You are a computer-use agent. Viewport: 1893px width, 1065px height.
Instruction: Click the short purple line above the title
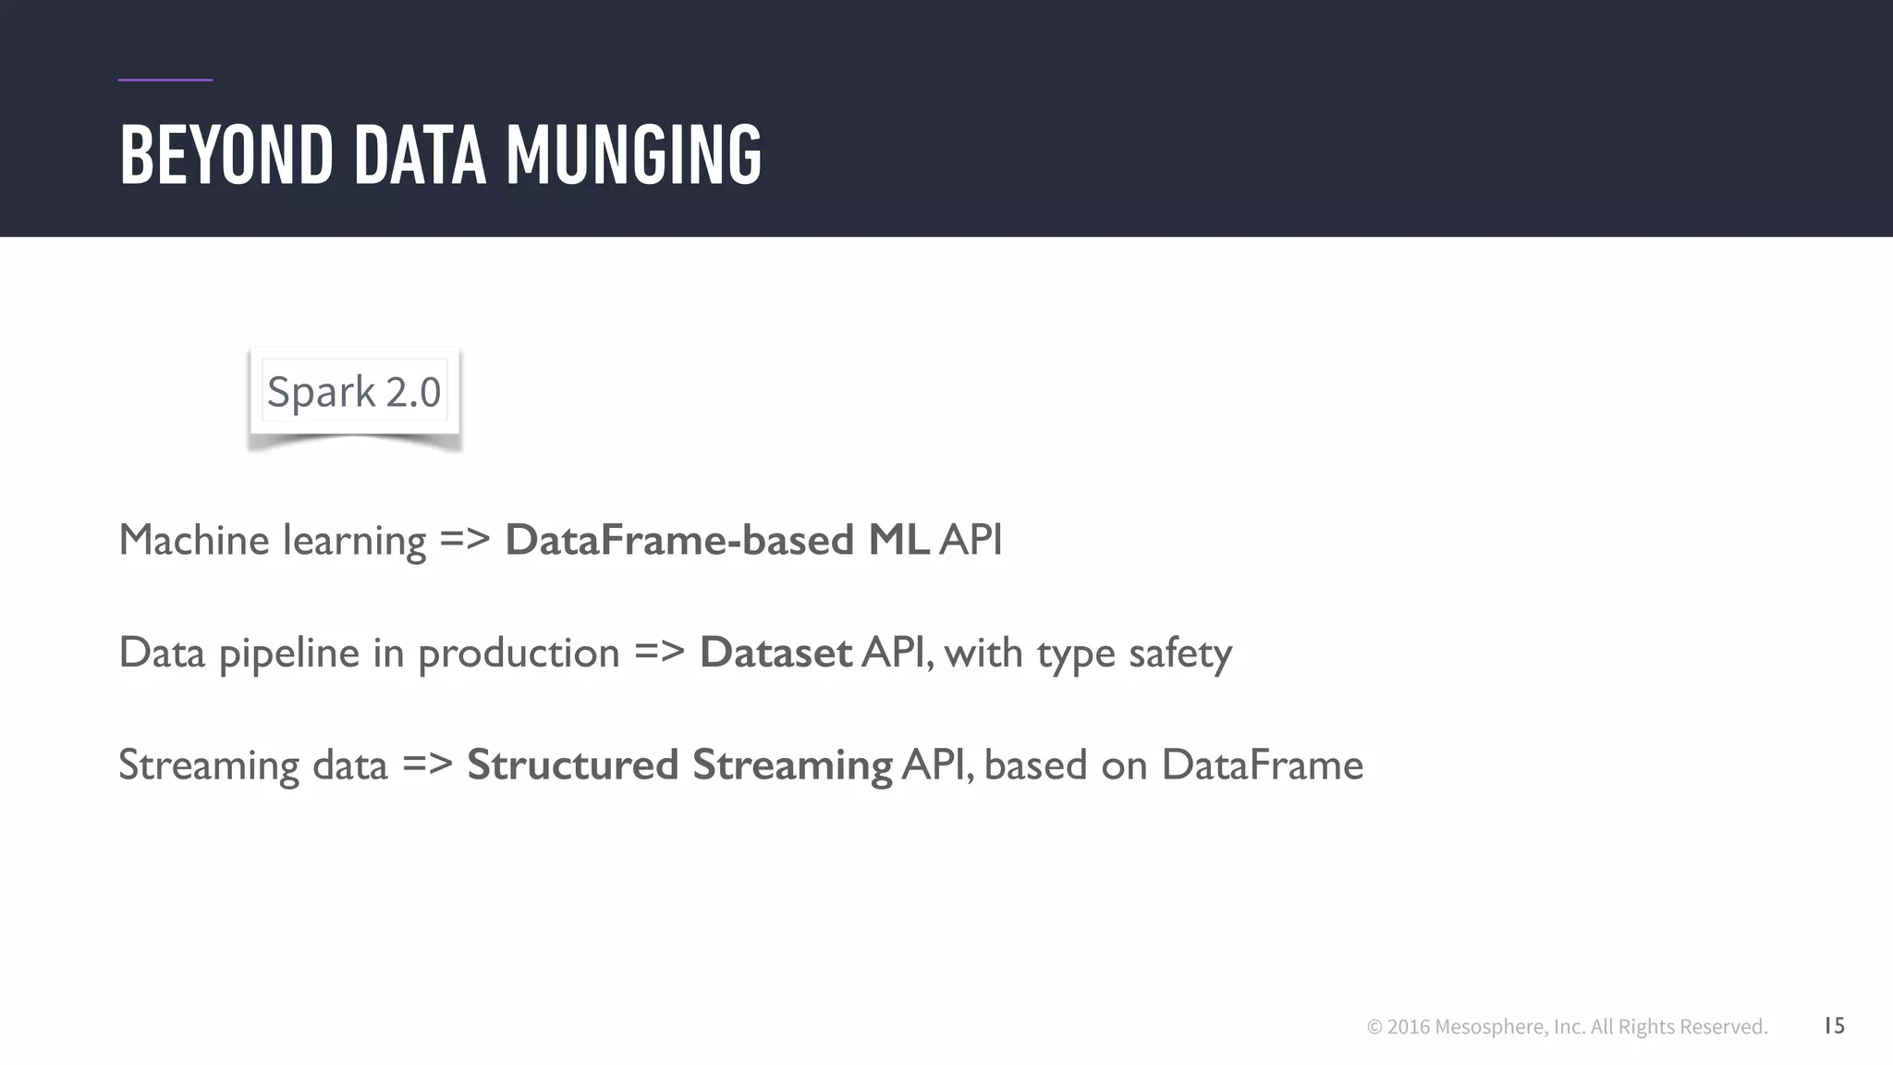coord(165,80)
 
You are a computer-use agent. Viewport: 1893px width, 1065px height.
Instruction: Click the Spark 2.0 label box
coord(354,391)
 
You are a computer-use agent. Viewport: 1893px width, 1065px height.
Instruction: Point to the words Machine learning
coord(272,540)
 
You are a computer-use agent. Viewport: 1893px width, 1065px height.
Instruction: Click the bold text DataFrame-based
coord(678,540)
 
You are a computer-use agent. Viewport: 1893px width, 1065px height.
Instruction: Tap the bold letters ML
coord(898,540)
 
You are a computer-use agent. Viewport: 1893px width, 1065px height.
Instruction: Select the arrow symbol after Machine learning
coord(464,540)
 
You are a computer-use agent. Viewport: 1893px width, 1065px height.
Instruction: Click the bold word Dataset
coord(775,653)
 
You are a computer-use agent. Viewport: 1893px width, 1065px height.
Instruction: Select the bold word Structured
coord(572,765)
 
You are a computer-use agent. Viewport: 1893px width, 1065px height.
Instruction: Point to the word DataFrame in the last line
coord(1262,765)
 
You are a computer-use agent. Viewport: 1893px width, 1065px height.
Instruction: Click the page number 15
coord(1834,1025)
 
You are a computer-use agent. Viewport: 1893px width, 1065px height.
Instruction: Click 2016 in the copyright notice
coord(1408,1027)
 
